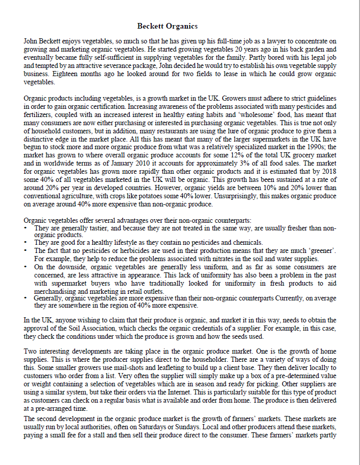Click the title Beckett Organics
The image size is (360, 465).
(x=167, y=26)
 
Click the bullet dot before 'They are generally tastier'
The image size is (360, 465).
(x=26, y=228)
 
